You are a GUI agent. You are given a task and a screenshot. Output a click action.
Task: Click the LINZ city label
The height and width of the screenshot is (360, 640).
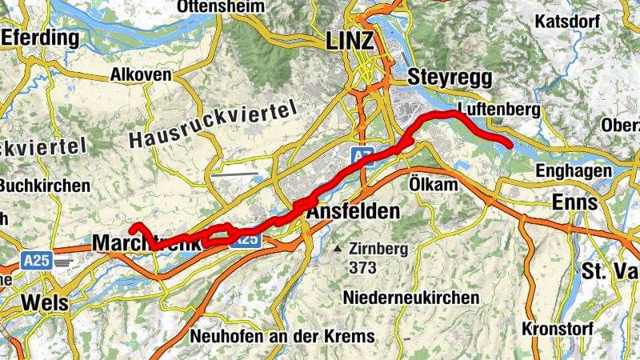350,42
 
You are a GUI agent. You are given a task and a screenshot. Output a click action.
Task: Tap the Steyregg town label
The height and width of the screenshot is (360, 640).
442,78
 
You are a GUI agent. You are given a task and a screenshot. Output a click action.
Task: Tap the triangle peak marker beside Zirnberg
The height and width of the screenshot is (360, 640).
340,249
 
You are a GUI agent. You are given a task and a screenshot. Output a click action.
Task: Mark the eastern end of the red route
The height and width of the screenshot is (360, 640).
509,145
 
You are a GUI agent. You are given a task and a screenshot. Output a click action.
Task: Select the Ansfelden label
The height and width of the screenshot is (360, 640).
353,212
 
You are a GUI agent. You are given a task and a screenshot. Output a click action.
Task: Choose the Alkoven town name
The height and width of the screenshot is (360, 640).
142,74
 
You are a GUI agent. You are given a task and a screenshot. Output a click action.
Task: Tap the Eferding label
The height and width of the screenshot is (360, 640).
41,38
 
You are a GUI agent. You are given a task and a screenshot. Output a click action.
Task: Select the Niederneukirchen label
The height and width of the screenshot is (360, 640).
411,298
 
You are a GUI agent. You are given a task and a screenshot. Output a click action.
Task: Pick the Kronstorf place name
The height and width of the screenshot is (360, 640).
555,328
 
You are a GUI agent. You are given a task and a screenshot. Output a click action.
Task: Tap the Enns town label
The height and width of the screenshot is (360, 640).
574,202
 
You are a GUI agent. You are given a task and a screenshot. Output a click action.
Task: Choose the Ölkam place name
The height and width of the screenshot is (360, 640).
431,185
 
